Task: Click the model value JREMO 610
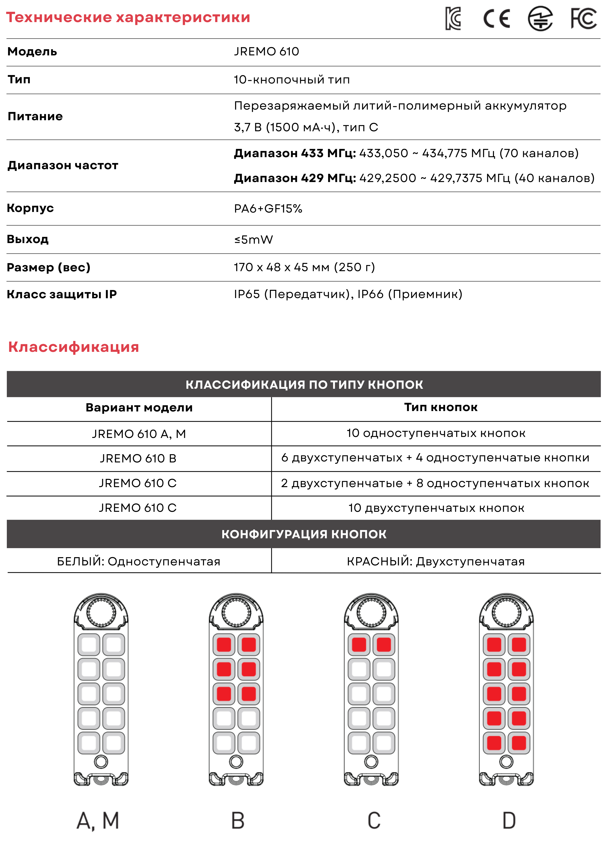266,52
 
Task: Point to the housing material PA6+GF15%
268,209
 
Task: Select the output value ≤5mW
253,239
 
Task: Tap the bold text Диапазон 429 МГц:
295,178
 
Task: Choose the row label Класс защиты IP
62,294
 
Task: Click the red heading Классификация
74,347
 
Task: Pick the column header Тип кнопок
441,407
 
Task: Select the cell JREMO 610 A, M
139,434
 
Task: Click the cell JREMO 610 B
138,458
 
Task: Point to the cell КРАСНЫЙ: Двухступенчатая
436,562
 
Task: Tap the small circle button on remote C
371,761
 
